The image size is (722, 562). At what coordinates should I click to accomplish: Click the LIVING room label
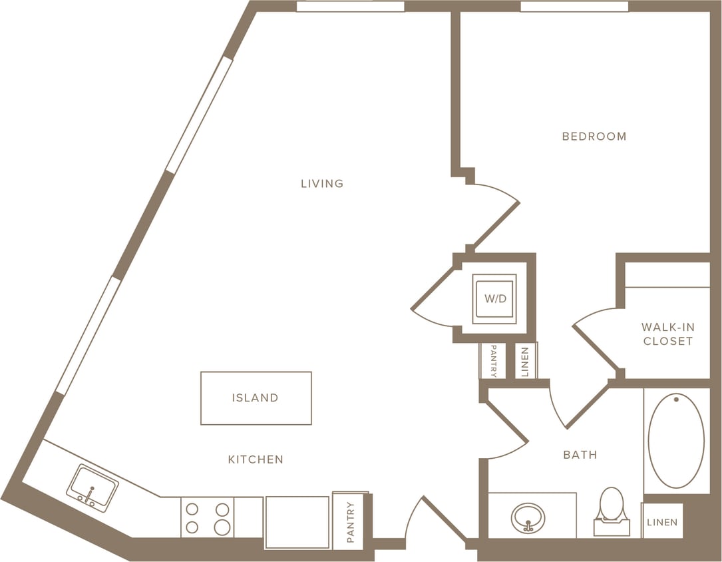pyautogui.click(x=322, y=183)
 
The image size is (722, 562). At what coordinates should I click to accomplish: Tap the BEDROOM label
pyautogui.click(x=594, y=137)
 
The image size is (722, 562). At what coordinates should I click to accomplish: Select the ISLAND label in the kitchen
pyautogui.click(x=256, y=398)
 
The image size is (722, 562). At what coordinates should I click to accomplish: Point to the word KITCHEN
pyautogui.click(x=256, y=459)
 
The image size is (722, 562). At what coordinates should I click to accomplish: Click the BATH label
pyautogui.click(x=580, y=455)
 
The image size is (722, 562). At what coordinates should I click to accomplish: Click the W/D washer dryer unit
pyautogui.click(x=494, y=299)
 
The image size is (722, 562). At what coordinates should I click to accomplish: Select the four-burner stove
pyautogui.click(x=208, y=518)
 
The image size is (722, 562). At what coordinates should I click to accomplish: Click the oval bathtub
pyautogui.click(x=676, y=440)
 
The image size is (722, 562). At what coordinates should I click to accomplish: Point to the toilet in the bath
pyautogui.click(x=612, y=510)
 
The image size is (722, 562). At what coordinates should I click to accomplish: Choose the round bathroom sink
pyautogui.click(x=528, y=518)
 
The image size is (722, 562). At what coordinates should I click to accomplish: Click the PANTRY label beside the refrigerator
pyautogui.click(x=351, y=522)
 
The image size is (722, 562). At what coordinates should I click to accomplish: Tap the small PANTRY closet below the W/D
pyautogui.click(x=493, y=361)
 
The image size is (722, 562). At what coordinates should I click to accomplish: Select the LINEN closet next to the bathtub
pyautogui.click(x=661, y=522)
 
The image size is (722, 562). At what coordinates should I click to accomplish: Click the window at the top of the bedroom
pyautogui.click(x=574, y=7)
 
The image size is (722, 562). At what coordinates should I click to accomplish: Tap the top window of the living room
pyautogui.click(x=350, y=7)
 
